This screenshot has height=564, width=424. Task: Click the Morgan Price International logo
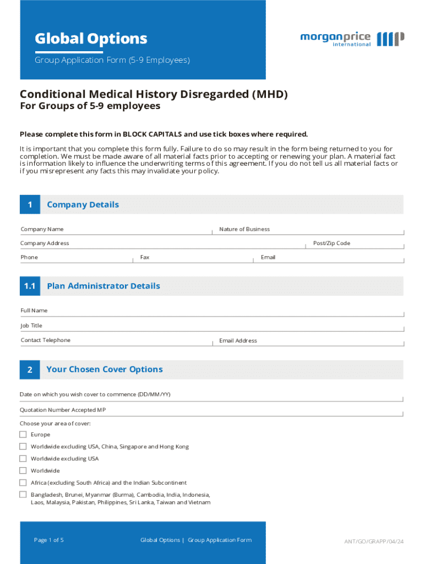pos(352,39)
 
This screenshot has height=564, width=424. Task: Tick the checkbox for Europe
pos(23,435)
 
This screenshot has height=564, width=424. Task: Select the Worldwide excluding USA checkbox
pos(23,459)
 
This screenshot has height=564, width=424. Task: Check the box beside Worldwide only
pos(23,471)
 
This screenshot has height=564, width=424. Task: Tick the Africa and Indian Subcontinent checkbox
pos(23,482)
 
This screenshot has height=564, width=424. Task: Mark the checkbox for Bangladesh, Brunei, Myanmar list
pos(23,495)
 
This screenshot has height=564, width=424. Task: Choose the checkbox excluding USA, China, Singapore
pos(23,447)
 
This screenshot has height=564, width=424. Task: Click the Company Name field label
pos(42,229)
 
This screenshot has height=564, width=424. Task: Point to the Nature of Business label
pos(244,229)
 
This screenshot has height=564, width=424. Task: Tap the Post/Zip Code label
pos(331,243)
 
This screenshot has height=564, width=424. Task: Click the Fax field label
pos(145,257)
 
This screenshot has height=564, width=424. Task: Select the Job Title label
pos(31,326)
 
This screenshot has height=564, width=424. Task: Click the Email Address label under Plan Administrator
pos(238,340)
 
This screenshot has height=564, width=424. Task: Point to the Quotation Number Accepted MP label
pos(63,410)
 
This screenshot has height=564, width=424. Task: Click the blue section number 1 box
pos(30,205)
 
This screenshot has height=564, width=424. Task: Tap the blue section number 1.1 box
pos(30,286)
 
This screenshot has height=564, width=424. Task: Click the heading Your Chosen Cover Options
pos(105,370)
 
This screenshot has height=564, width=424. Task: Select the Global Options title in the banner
pos(91,39)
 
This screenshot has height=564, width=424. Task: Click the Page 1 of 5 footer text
pos(49,540)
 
